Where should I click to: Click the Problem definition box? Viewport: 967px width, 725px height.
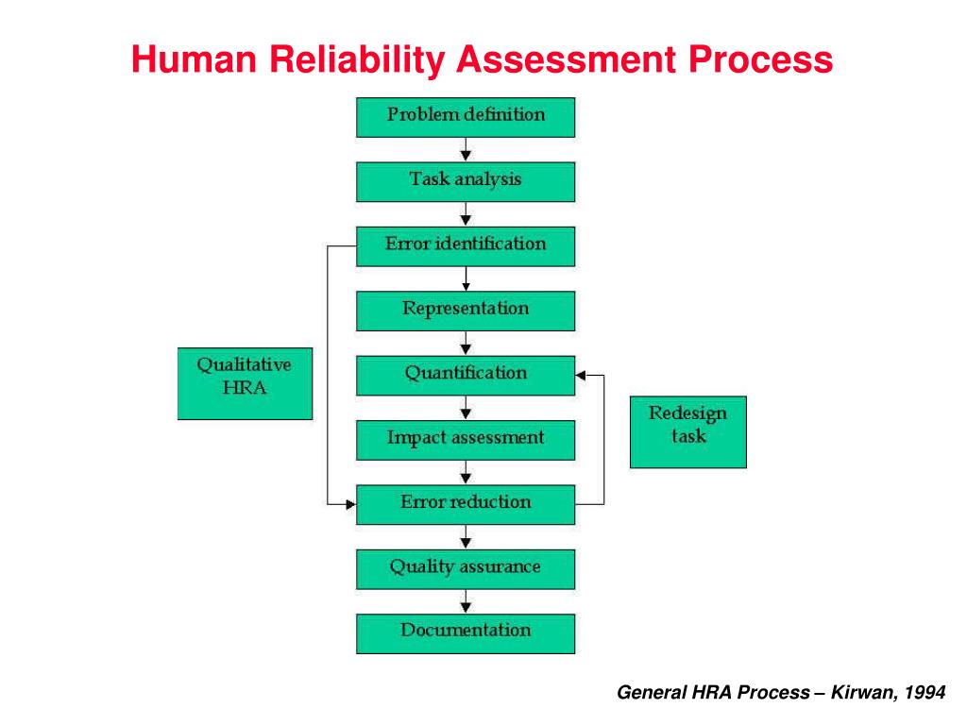point(466,117)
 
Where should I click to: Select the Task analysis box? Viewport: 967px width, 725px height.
point(466,181)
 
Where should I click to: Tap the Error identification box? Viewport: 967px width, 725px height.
point(466,245)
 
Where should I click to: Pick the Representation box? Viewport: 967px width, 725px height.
point(466,310)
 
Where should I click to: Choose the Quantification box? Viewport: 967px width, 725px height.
point(466,375)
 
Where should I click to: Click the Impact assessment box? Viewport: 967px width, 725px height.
point(466,439)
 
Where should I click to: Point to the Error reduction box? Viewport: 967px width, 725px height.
point(466,504)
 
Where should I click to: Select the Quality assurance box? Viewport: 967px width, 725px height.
point(466,568)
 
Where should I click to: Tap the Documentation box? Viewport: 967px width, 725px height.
point(466,632)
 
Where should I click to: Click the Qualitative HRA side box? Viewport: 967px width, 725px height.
point(245,382)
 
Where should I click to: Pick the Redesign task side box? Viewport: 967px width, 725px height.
point(687,431)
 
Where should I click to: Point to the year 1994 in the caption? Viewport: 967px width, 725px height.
point(925,693)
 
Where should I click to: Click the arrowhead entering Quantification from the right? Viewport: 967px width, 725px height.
point(581,375)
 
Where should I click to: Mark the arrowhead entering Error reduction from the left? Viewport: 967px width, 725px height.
point(350,504)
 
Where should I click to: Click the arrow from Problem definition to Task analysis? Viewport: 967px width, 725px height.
point(466,150)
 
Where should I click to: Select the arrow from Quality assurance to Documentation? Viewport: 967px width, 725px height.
point(466,601)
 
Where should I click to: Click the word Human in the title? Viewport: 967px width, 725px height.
point(195,61)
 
